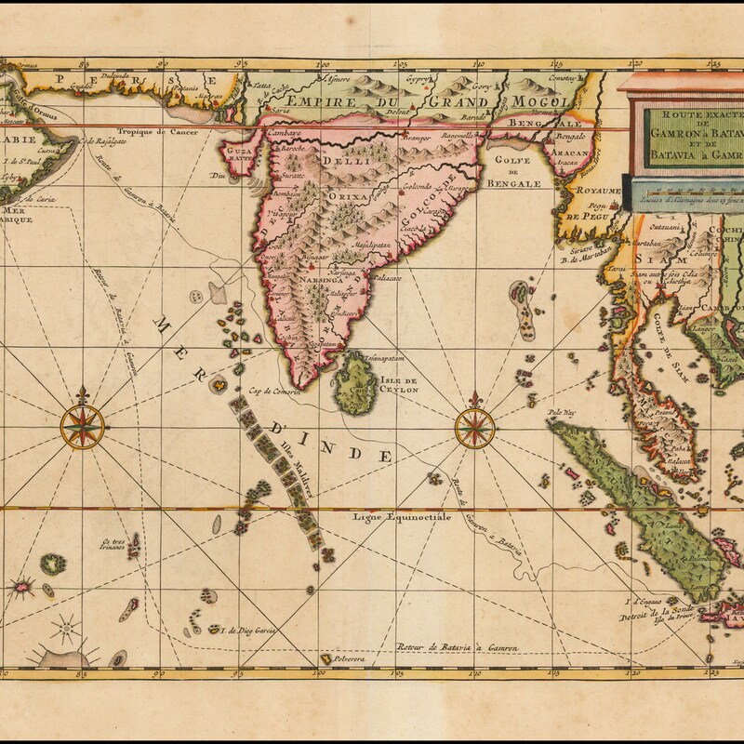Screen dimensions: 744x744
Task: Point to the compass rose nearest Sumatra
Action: (476, 428)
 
